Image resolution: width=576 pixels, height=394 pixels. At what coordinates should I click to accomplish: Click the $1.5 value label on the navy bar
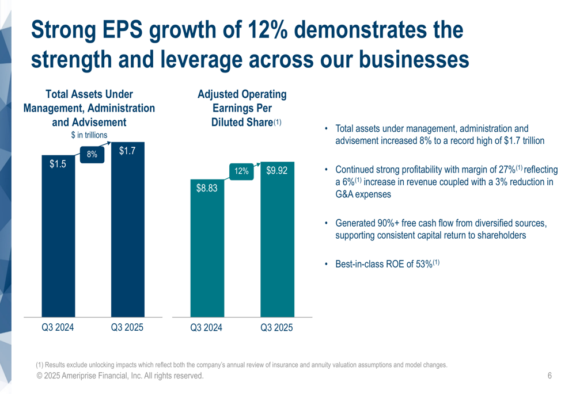(58, 164)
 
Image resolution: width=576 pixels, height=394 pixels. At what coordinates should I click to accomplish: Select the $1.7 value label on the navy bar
(127, 151)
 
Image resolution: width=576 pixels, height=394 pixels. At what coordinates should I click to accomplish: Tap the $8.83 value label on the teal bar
(206, 188)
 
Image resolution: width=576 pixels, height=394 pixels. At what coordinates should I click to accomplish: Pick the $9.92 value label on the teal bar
(276, 171)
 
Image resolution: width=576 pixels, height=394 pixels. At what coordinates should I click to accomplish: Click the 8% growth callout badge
(92, 154)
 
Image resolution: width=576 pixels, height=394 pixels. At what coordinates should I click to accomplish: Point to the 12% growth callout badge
(242, 171)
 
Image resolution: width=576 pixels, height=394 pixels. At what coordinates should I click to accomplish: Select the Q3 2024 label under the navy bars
(58, 327)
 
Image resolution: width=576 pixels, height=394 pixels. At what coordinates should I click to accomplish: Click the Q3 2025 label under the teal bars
(276, 328)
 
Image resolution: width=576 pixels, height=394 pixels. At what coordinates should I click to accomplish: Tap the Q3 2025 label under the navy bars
(127, 327)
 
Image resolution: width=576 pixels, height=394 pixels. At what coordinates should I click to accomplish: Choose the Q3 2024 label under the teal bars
(206, 328)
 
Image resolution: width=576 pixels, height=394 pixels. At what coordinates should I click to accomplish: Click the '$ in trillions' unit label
(89, 135)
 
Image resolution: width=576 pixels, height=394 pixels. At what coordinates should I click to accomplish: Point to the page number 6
(550, 376)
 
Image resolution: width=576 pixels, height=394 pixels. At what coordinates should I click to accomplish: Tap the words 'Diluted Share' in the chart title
(242, 122)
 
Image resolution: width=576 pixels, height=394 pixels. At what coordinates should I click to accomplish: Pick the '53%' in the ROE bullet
(424, 265)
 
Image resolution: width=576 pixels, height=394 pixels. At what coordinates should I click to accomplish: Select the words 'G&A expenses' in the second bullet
(363, 194)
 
